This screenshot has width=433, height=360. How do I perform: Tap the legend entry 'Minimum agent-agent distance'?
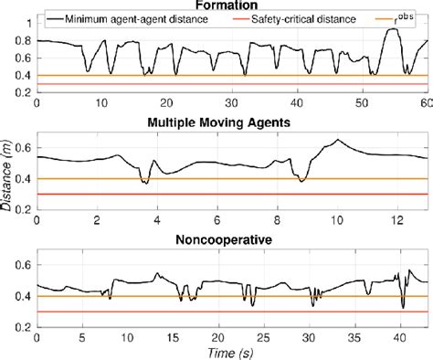(133, 18)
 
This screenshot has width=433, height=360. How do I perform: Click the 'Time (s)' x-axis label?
(231, 351)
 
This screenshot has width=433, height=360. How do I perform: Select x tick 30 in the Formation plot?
(231, 103)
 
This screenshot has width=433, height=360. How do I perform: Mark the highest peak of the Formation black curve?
(393, 28)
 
